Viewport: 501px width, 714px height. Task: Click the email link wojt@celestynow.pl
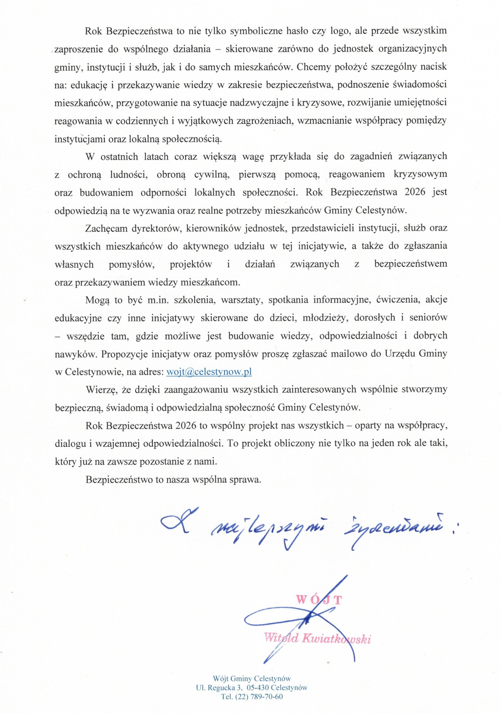click(x=209, y=372)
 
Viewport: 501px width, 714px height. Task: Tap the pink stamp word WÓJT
click(x=319, y=600)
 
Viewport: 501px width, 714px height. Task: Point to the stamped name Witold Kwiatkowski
click(x=317, y=638)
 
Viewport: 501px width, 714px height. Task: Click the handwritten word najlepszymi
click(x=269, y=531)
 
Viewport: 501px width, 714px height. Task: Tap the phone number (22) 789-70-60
click(x=259, y=697)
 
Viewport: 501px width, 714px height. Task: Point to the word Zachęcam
click(x=106, y=228)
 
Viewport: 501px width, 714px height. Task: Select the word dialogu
click(x=70, y=443)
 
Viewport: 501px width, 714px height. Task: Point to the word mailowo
click(x=348, y=354)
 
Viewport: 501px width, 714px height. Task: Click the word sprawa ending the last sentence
click(x=245, y=479)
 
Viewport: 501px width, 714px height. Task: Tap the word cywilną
click(x=212, y=174)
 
